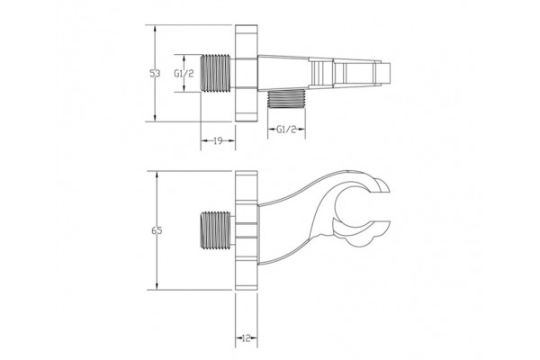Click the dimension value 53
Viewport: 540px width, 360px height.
(x=155, y=74)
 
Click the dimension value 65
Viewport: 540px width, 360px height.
(x=157, y=230)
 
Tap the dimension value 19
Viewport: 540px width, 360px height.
(x=218, y=140)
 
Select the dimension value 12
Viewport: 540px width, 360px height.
(x=247, y=338)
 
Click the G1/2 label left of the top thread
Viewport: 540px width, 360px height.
(x=184, y=74)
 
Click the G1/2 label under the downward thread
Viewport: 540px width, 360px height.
(x=286, y=130)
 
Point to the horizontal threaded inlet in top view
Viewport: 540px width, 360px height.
(x=216, y=74)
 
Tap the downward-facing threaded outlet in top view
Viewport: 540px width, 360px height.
(x=286, y=100)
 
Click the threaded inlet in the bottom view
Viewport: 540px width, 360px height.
(x=216, y=229)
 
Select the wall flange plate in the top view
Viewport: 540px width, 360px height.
(x=247, y=73)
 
